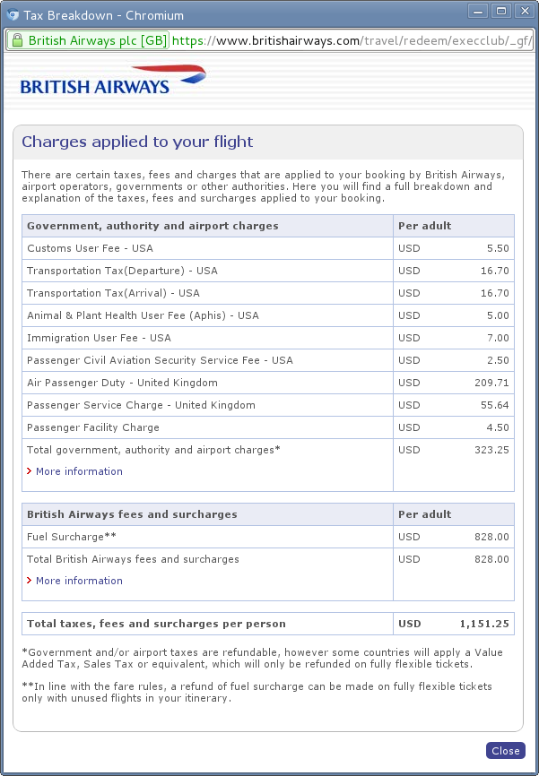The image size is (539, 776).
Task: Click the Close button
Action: [x=505, y=751]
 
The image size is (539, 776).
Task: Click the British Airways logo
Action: [x=112, y=80]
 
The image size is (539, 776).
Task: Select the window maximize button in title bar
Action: [x=501, y=12]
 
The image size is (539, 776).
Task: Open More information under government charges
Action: [x=79, y=471]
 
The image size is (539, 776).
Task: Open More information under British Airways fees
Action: [x=79, y=581]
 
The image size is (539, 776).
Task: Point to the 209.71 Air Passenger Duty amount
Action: [x=491, y=383]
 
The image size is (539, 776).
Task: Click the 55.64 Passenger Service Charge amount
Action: [x=494, y=405]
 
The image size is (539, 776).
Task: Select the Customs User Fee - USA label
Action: [x=90, y=248]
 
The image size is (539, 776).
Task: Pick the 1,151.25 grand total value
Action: [x=484, y=624]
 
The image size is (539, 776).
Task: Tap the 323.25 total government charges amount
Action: [x=491, y=450]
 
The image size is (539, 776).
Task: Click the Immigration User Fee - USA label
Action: [x=99, y=338]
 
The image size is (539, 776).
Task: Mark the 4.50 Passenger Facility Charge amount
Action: [x=497, y=427]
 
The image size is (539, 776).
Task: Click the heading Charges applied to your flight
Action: [x=137, y=142]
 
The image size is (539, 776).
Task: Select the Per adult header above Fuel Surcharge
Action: [x=424, y=514]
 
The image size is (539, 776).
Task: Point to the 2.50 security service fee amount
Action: [x=497, y=360]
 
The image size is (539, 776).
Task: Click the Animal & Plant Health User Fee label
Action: [x=143, y=315]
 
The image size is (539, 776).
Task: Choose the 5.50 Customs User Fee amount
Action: [x=497, y=248]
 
